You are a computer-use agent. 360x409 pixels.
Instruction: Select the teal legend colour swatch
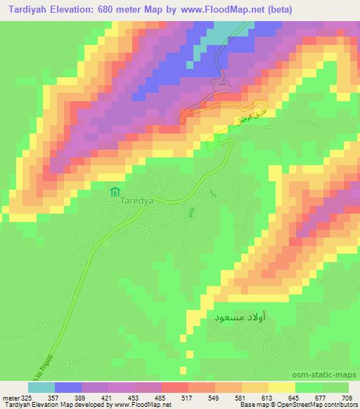click(x=41, y=387)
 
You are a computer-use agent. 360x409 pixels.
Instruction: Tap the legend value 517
click(x=188, y=398)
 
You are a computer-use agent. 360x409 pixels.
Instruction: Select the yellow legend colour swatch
click(x=281, y=387)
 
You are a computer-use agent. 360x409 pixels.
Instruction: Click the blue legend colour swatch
click(x=68, y=387)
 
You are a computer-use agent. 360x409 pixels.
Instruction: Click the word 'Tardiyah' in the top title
click(x=26, y=9)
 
